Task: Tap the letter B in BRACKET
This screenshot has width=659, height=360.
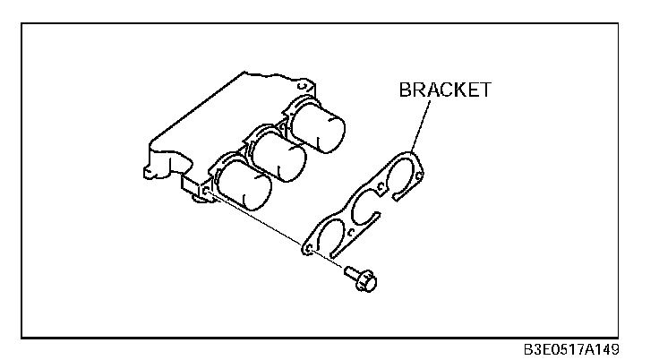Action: point(404,90)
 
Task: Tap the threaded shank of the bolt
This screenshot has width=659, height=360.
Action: point(352,271)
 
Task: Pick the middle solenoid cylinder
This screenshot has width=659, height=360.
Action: point(278,155)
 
